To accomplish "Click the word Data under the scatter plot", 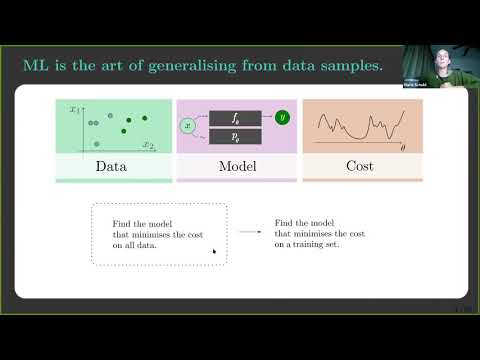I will coord(111,165).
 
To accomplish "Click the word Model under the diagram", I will coord(237,165).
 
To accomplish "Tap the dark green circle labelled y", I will coord(283,118).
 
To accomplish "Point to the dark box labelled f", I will coord(234,118).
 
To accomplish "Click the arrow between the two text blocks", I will coord(249,232).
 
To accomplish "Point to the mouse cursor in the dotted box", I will coord(214,251).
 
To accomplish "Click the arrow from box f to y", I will coord(267,118).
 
